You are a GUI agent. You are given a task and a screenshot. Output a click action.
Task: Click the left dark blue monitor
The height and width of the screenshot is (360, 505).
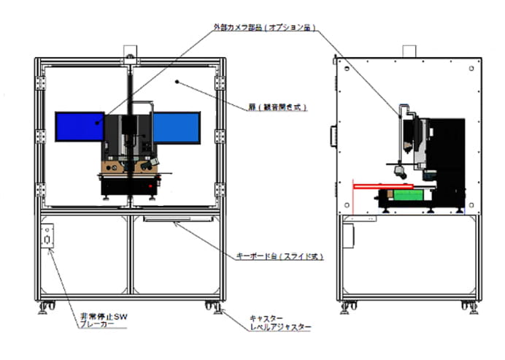[79, 126]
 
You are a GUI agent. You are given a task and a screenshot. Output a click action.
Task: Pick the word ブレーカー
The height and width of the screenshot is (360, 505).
[98, 326]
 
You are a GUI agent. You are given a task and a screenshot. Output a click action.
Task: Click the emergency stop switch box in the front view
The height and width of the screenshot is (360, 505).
[49, 238]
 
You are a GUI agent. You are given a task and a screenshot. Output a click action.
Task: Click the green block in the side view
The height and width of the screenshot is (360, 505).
[404, 194]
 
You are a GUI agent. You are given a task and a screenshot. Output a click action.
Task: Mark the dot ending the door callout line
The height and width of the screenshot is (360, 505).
[177, 83]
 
